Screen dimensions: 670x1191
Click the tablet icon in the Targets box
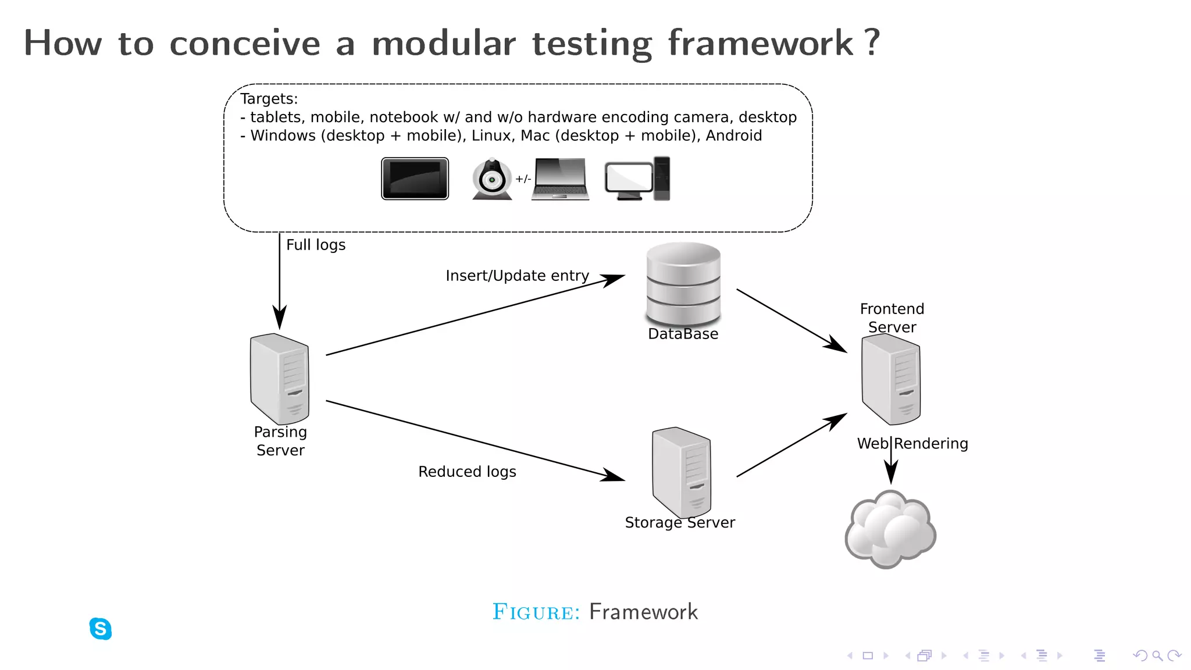(415, 179)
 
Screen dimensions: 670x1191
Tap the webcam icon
(492, 179)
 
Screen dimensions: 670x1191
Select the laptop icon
(560, 179)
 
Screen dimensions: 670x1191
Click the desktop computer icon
(638, 179)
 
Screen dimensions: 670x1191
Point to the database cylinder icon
(683, 283)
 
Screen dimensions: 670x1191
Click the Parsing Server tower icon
(280, 379)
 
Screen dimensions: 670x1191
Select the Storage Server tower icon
(682, 472)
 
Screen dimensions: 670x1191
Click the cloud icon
(890, 529)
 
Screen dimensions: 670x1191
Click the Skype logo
(101, 629)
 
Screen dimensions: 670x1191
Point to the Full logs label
(316, 245)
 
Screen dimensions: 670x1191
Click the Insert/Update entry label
(517, 276)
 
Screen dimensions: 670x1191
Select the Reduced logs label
(467, 472)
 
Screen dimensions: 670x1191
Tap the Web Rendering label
(912, 444)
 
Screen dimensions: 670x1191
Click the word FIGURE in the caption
(536, 612)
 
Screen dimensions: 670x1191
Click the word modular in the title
(443, 44)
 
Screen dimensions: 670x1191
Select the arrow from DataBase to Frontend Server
(791, 320)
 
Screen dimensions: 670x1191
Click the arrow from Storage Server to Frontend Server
(791, 446)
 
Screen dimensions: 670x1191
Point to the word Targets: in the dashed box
(269, 99)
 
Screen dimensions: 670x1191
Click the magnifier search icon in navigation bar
(1157, 656)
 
